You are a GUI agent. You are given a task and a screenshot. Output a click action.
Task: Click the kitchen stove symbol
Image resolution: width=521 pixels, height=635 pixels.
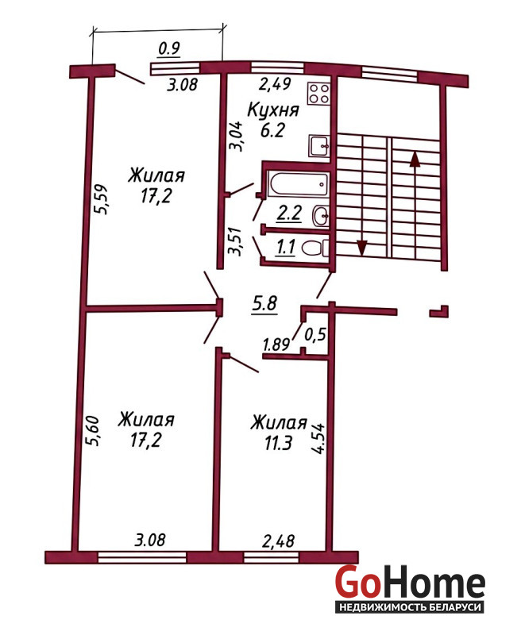click(319, 94)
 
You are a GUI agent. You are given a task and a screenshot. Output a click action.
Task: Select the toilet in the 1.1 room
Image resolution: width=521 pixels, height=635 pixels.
click(316, 248)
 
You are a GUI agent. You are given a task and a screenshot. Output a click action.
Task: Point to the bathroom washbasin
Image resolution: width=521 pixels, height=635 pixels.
click(322, 215)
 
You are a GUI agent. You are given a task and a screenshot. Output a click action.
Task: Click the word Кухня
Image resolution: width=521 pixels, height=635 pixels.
click(273, 110)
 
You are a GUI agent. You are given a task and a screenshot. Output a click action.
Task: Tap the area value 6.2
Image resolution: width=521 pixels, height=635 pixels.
click(272, 130)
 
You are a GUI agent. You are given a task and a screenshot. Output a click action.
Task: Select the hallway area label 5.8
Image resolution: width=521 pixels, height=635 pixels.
click(264, 304)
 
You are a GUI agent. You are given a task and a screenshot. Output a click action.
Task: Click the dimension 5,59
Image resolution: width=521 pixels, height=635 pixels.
click(100, 199)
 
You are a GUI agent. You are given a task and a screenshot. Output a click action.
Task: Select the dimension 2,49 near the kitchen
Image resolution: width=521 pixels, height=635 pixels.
click(275, 84)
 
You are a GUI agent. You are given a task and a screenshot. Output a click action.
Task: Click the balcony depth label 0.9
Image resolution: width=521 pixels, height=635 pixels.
click(169, 49)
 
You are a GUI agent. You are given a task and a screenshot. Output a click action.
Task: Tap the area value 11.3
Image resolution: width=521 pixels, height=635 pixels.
click(278, 444)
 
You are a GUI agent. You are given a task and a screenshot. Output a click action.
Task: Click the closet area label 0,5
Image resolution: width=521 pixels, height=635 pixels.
click(315, 335)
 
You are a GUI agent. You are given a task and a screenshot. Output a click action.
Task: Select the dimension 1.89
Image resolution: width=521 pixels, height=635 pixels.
click(276, 344)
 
